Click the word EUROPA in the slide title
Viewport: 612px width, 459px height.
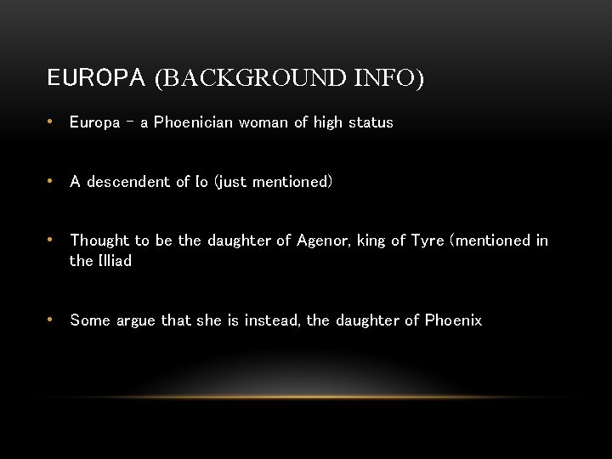[x=96, y=79]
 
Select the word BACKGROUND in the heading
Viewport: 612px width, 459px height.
[x=252, y=79]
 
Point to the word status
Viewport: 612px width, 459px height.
[x=371, y=122]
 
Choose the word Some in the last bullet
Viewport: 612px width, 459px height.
[x=90, y=320]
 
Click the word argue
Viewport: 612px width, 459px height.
[x=136, y=320]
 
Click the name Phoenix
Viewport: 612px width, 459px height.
[x=453, y=320]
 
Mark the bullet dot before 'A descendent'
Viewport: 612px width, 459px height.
[x=52, y=182]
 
